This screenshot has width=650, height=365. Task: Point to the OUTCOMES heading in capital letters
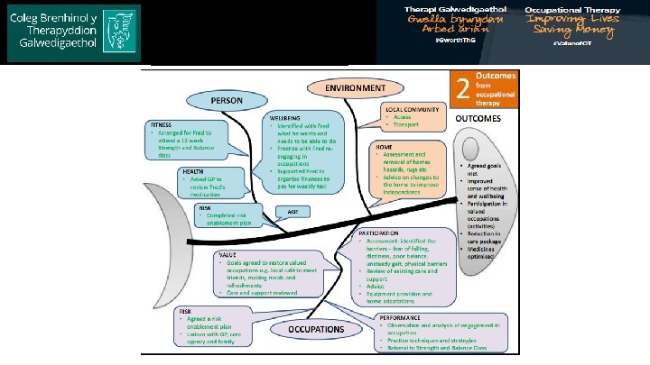click(x=483, y=118)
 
